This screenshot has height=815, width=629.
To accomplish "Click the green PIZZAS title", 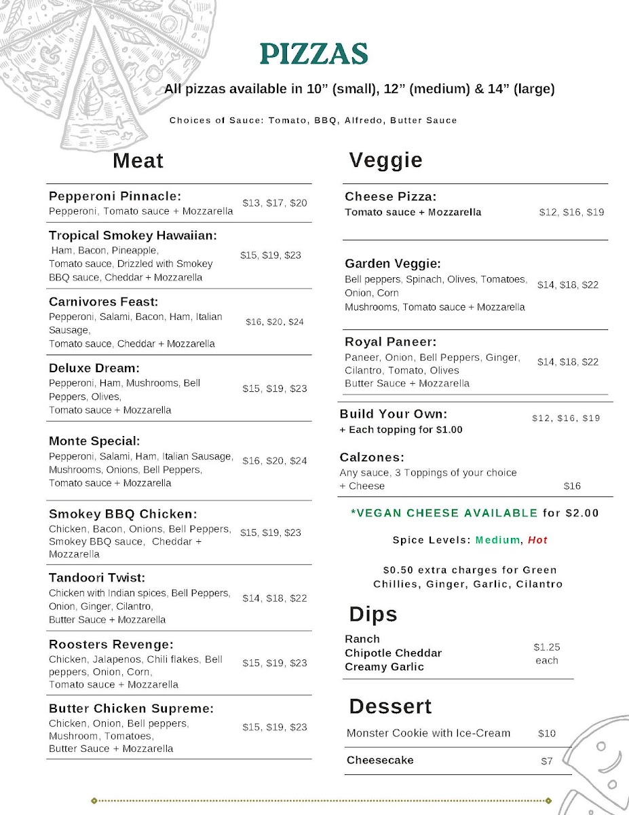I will coord(313,54).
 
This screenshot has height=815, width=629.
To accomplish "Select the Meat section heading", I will coord(138,161).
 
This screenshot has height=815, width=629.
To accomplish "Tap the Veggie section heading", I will coord(385,160).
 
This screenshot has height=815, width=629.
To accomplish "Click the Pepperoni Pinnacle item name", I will coord(115,196).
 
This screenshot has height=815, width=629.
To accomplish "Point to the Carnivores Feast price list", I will coord(275,322).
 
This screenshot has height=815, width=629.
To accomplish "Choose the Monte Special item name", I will coord(94,441).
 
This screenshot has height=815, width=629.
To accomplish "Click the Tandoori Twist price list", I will coord(275,598).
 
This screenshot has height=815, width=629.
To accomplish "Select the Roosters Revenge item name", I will coord(111,645).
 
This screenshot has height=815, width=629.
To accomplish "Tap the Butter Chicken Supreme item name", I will coord(131,709).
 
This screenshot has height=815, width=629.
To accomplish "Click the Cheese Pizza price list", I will coord(571,213).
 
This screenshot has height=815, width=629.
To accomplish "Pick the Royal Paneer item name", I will coord(390,342).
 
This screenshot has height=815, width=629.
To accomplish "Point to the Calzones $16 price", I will coord(572,486).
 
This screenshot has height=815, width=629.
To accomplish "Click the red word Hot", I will coord(537,541).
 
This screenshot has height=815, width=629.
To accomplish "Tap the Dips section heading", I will coord(373,615).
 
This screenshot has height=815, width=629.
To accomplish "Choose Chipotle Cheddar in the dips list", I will coord(393,653).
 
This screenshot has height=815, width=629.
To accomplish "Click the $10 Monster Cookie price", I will coord(546,733).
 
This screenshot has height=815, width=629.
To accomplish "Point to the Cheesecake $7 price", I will coord(546,761).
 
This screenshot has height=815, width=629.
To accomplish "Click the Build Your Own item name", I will coord(394,414).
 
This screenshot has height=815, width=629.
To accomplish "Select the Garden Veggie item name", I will coord(392,264).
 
